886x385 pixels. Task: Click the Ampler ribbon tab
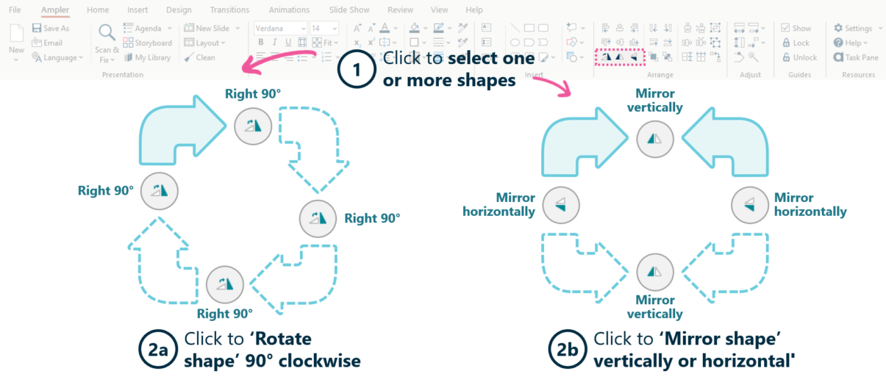[x=55, y=10]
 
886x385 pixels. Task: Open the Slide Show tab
[x=349, y=10]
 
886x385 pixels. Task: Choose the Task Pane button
[x=856, y=57]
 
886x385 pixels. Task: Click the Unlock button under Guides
[x=799, y=57]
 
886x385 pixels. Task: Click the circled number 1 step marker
[x=357, y=71]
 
